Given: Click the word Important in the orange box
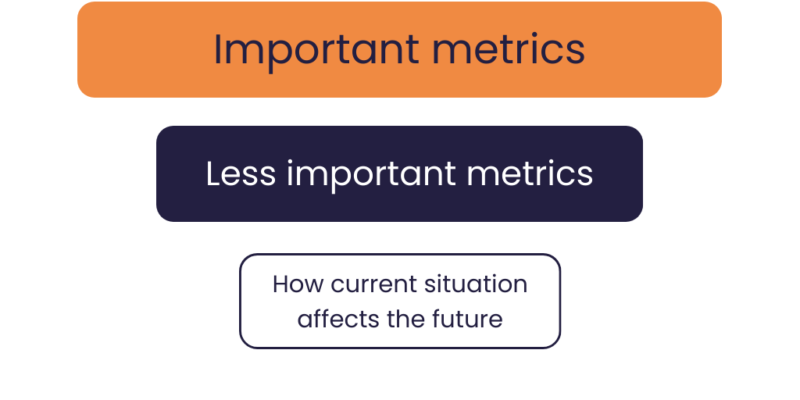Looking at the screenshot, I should tap(316, 50).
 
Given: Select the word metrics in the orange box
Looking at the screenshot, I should tap(509, 50).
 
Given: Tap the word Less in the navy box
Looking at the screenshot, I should tap(241, 173).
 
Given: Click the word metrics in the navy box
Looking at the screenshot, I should tap(530, 173).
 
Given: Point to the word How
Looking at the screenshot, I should tap(298, 284).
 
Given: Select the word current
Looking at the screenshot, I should tap(370, 284).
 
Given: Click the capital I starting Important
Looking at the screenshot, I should tap(218, 49).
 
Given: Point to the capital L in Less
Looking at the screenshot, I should tap(212, 173).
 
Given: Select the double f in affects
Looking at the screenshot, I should tap(320, 318).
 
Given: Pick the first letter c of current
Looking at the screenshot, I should tap(337, 285).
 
